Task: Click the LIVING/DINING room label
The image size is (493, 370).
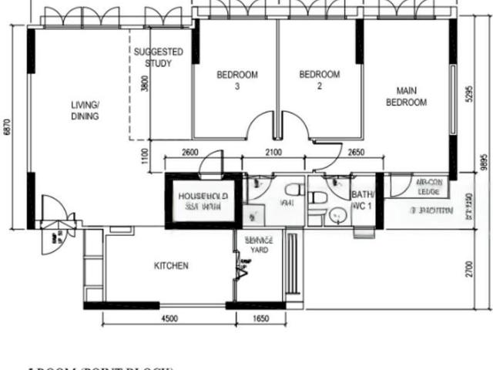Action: (86, 110)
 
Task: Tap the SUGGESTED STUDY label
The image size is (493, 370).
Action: (158, 58)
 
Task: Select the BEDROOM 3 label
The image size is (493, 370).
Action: (236, 80)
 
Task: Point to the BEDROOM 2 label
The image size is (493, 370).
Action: (319, 80)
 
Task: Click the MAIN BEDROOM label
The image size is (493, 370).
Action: (406, 96)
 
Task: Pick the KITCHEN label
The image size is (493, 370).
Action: (171, 266)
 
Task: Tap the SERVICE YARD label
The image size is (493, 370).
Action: (259, 245)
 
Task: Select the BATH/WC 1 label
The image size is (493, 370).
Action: (362, 200)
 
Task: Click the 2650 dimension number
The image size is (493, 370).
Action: (356, 152)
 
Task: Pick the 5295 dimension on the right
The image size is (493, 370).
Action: (468, 94)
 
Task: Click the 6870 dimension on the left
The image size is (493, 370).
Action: (8, 127)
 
